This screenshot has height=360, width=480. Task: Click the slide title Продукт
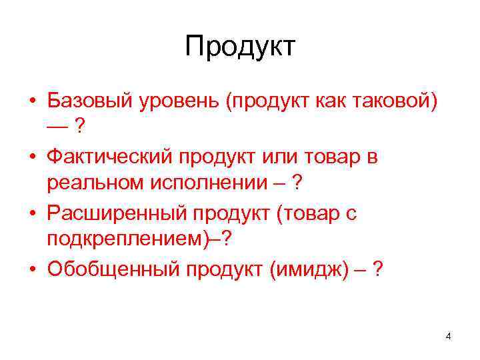pos(240,47)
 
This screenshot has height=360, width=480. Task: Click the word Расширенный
pos(116,213)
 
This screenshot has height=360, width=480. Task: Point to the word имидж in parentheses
pos(314,269)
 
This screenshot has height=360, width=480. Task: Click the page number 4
pos(448,336)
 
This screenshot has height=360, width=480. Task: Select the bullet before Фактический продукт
pos(32,158)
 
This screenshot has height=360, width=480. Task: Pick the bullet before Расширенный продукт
pos(32,215)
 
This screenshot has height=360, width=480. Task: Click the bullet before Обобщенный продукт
pos(32,271)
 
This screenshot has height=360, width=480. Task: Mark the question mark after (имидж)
pos(379,269)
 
